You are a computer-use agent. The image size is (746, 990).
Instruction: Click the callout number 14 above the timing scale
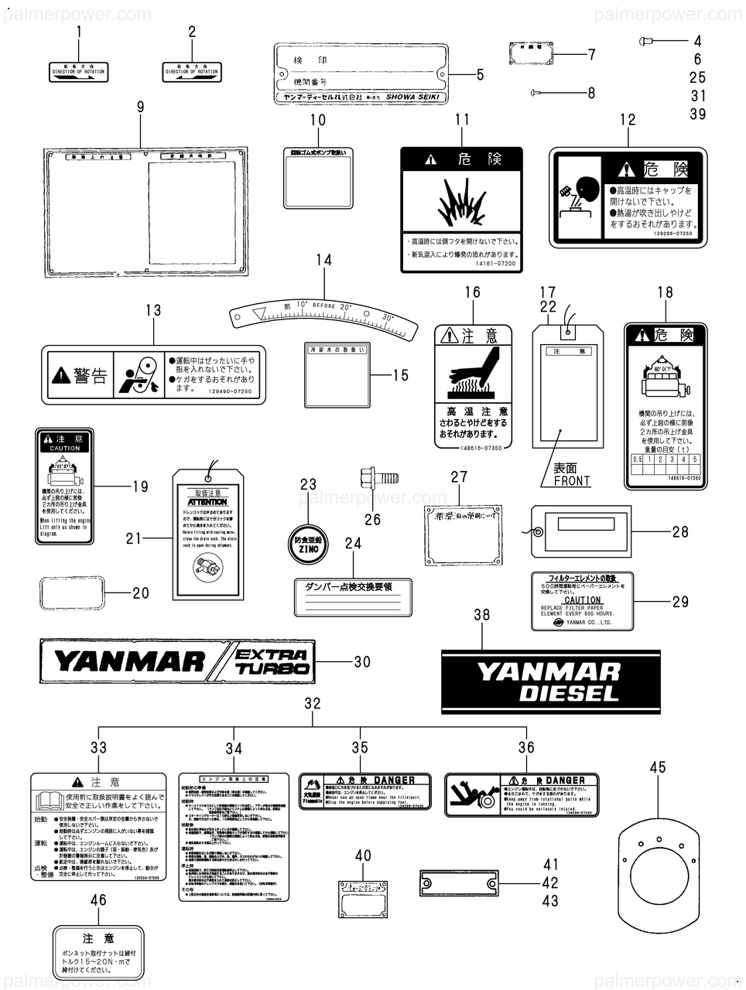click(324, 260)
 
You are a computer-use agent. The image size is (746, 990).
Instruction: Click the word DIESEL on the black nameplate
click(569, 693)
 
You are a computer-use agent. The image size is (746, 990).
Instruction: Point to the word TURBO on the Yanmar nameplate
click(272, 668)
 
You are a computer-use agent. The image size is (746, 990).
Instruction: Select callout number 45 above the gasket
click(657, 767)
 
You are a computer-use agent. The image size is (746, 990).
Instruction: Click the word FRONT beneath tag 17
click(572, 481)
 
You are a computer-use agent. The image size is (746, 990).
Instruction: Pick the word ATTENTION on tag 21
click(207, 502)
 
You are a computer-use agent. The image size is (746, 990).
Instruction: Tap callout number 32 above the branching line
click(312, 704)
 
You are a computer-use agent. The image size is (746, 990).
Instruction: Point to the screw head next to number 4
click(645, 40)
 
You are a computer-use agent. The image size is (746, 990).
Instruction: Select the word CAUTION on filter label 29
click(582, 600)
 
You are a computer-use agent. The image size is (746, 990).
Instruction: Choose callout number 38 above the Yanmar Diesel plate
click(481, 616)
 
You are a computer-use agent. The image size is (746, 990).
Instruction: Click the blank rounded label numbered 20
click(70, 594)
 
